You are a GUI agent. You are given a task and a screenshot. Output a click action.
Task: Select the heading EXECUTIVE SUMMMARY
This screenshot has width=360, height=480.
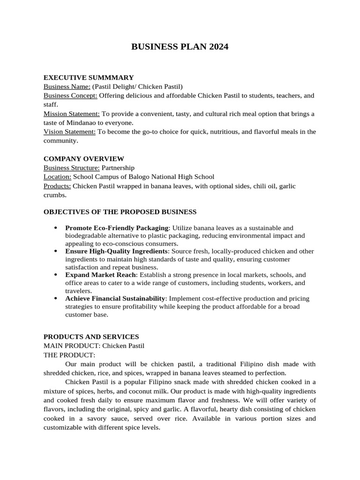[x=89, y=77]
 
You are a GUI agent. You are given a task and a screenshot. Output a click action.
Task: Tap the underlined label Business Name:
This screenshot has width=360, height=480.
[x=67, y=86]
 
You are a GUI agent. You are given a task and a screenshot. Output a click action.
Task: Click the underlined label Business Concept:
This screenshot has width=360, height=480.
[x=70, y=96]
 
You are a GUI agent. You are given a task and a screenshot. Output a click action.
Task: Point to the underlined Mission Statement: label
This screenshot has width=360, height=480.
[x=72, y=114]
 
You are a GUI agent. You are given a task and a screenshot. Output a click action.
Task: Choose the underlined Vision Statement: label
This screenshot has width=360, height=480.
[x=70, y=132]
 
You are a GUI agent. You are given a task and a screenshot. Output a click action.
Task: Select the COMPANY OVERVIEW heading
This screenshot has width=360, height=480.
[x=84, y=159]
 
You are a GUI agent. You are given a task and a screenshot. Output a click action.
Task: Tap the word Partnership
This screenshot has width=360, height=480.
[x=118, y=168]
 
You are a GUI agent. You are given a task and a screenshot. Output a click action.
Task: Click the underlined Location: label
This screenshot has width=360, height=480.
[x=58, y=177]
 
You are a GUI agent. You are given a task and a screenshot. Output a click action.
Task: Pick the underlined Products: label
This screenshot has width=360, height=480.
[x=57, y=186]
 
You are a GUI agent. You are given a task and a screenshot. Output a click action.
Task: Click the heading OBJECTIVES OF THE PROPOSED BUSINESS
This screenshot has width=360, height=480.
[x=120, y=212]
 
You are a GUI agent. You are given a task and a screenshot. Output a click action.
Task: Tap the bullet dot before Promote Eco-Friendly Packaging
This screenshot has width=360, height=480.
[x=55, y=228]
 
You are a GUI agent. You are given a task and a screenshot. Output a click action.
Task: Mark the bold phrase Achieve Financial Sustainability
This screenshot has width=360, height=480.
[x=115, y=299]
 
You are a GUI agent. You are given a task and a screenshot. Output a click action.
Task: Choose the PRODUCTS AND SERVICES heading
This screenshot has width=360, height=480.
[x=91, y=337]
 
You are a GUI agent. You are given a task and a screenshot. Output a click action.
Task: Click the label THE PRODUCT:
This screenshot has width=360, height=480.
[x=69, y=355]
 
